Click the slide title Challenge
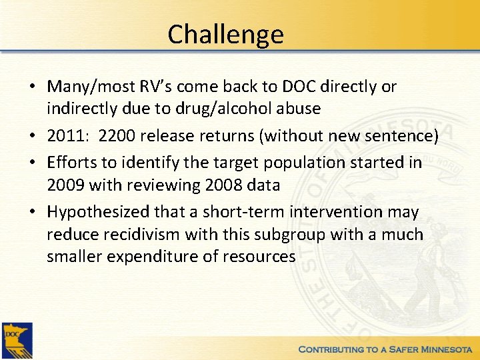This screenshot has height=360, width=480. pyautogui.click(x=225, y=34)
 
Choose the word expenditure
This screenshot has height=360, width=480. pyautogui.click(x=158, y=257)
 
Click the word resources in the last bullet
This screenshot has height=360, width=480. pyautogui.click(x=263, y=257)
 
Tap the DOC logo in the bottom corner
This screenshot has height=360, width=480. pyautogui.click(x=17, y=340)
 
